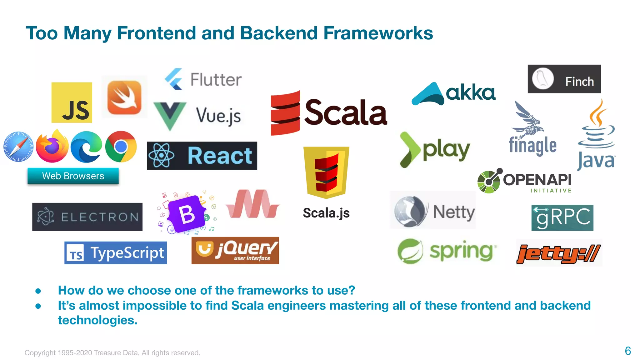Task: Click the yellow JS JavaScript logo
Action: pos(72,102)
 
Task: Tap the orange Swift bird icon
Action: pos(124,97)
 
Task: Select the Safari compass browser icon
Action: pos(18,147)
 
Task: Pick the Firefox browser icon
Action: pos(52,147)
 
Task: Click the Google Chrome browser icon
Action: pos(121,147)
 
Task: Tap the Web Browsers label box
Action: pos(73,176)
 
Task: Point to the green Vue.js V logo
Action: pos(170,115)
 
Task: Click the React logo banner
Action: pos(202,156)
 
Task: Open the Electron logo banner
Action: pos(87,217)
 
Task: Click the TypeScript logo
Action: pos(115,252)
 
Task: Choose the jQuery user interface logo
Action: pos(235,251)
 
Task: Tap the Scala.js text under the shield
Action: pos(326,213)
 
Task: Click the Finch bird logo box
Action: pos(564,79)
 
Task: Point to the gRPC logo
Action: pos(562,217)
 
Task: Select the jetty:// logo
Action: pos(558,253)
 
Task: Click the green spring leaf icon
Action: pos(410,251)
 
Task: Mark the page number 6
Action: pos(627,351)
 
